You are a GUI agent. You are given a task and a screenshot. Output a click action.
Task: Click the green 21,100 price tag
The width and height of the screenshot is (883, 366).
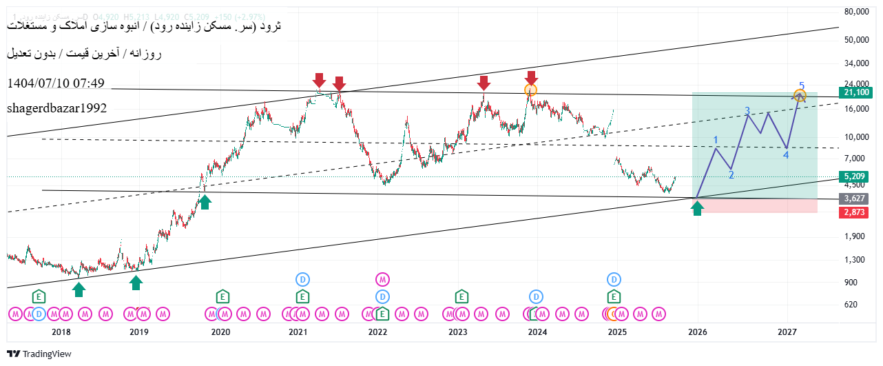pos(854,92)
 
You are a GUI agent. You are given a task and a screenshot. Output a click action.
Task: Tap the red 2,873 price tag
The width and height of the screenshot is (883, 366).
pos(854,212)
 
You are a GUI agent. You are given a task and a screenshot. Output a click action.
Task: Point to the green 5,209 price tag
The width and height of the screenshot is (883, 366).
pos(854,177)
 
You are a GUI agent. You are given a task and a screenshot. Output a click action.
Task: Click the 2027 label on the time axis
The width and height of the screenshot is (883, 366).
pos(788,332)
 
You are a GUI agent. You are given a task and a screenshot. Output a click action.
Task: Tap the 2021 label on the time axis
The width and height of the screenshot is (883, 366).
pos(298,332)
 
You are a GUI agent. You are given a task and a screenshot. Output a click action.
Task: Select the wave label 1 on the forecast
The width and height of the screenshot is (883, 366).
pos(716,141)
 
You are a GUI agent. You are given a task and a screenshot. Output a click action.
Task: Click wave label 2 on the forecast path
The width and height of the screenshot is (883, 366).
pos(731,174)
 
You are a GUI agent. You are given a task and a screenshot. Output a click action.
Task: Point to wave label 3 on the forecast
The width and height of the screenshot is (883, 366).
pos(747,110)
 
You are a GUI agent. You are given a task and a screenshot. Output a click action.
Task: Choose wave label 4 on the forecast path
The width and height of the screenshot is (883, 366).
pos(786,155)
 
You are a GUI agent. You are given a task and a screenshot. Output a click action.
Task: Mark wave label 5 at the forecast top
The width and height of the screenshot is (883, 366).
pos(802,86)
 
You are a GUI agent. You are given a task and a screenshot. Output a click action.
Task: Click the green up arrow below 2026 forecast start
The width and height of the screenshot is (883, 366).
pos(698,208)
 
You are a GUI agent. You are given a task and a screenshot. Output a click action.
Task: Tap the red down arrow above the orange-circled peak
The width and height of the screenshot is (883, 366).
pos(530,77)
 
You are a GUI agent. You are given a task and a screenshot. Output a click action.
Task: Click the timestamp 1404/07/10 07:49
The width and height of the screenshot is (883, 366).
pos(56,83)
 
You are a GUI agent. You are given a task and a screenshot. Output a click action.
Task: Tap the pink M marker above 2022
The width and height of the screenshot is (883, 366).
pos(383,279)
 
